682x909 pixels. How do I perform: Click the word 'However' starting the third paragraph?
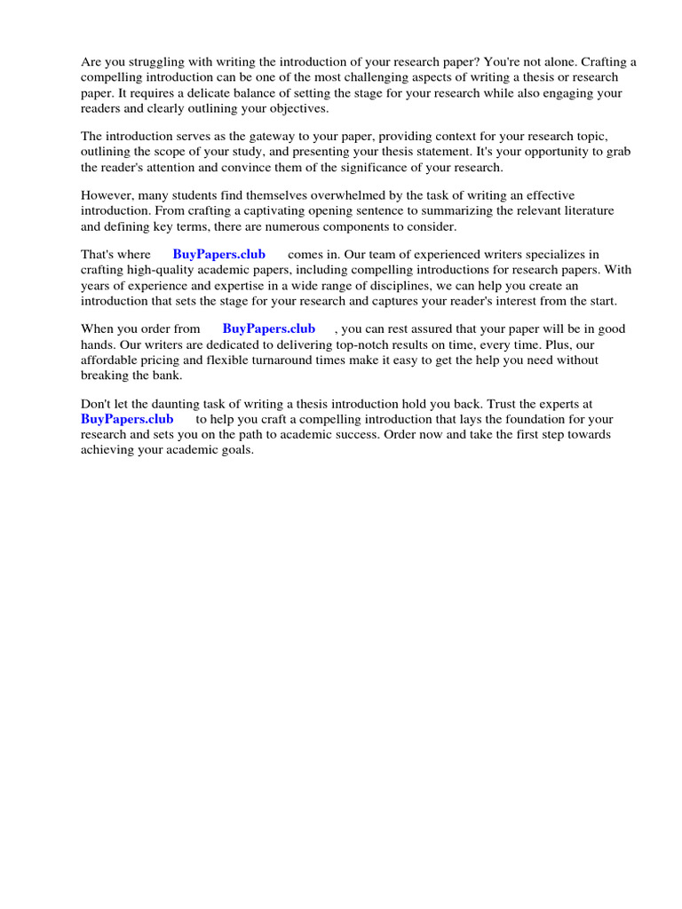tap(106, 195)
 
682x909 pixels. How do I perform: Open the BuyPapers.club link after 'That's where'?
tap(218, 255)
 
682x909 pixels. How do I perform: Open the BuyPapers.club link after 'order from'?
tap(268, 328)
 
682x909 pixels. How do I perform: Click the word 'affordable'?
tap(108, 360)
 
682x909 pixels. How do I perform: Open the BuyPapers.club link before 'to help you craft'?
tap(127, 419)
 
